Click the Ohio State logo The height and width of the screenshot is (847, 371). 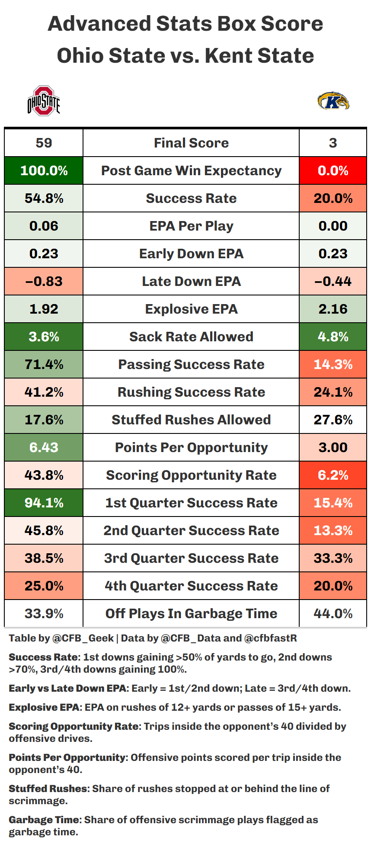pos(44,101)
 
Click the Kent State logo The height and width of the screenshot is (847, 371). pos(333,101)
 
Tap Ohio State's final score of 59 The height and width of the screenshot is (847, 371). pos(44,143)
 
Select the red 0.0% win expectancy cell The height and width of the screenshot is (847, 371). pos(333,170)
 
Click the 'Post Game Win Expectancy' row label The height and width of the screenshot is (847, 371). pos(191,170)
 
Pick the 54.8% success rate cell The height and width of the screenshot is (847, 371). pos(44,198)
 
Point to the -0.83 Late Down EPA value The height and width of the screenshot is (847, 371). pos(44,281)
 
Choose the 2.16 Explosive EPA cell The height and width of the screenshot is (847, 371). pos(333,309)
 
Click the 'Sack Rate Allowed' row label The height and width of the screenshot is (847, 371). pos(191,337)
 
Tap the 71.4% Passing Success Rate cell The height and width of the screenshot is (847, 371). pos(44,364)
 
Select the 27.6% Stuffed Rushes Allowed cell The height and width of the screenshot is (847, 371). pos(333,420)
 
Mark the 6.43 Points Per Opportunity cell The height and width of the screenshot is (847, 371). pos(44,447)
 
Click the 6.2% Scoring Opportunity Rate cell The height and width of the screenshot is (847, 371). pos(333,475)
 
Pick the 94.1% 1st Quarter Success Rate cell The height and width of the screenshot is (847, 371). pos(44,503)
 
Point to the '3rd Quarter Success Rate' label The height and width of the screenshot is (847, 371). pos(191,558)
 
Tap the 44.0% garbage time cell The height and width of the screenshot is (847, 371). pos(333,613)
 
